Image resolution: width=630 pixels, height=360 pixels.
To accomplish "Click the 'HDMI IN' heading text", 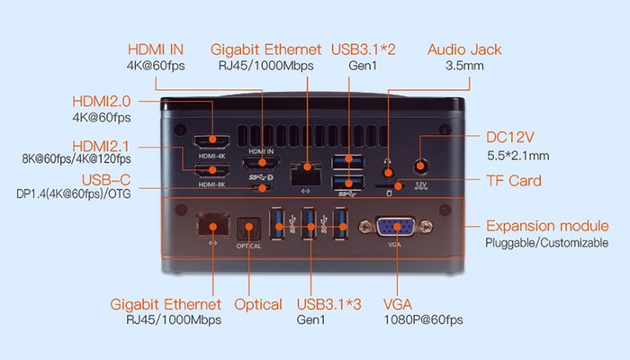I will (157, 49).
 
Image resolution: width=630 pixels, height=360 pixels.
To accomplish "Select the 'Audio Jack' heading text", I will (464, 49).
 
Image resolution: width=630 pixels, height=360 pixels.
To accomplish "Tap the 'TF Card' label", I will (514, 182).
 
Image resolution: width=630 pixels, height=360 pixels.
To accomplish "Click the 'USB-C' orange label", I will (106, 178).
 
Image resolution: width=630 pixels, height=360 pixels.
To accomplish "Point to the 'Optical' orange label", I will (258, 304).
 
